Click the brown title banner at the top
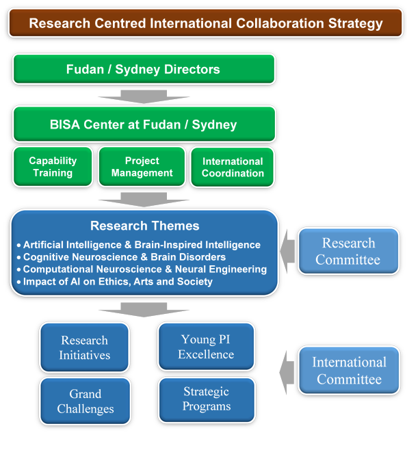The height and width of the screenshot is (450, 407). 206,23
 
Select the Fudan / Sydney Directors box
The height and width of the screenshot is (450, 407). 144,69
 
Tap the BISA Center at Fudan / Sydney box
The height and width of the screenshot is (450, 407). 144,124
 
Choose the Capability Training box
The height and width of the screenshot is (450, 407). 53,167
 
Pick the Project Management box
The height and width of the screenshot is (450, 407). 142,167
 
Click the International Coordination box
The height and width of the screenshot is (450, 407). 233,167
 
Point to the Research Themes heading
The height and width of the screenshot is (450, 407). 144,226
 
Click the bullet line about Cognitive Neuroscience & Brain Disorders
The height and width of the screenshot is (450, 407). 121,257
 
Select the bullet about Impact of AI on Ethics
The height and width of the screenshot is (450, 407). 114,282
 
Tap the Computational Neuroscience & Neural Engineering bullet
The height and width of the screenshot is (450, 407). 142,269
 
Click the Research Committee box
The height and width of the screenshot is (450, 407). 348,251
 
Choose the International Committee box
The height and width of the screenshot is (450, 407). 349,371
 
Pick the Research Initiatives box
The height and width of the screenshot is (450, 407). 84,347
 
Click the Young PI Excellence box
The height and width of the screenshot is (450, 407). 206,347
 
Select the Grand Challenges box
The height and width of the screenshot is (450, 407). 86,401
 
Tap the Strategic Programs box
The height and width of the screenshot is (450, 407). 207,400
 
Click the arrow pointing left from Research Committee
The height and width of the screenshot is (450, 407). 287,251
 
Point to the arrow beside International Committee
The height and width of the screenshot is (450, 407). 287,373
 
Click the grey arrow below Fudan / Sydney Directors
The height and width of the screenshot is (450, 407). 144,96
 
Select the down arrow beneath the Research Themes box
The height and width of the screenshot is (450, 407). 144,310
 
